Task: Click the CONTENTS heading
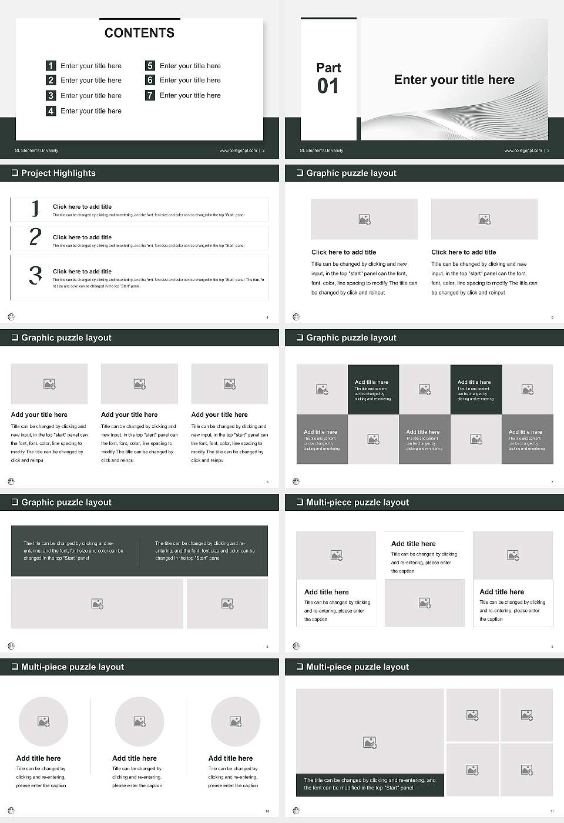pos(139,33)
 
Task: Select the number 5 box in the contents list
pos(150,66)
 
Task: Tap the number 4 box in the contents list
pos(51,111)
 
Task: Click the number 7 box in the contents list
pos(150,95)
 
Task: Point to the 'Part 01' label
pos(328,78)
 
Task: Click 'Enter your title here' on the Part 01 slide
pos(454,80)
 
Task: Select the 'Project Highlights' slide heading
pos(58,173)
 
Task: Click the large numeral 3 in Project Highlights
pos(35,275)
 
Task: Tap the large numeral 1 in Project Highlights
pos(35,208)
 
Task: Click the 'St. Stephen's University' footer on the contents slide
pos(36,150)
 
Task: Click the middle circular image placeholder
pos(139,721)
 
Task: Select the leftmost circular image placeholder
pos(43,721)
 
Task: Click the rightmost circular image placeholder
pos(235,721)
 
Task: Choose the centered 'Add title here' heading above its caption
pos(414,544)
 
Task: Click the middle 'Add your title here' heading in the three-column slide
pos(129,414)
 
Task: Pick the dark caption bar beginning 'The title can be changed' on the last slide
pos(370,784)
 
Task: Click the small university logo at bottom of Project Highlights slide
pos(11,317)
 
